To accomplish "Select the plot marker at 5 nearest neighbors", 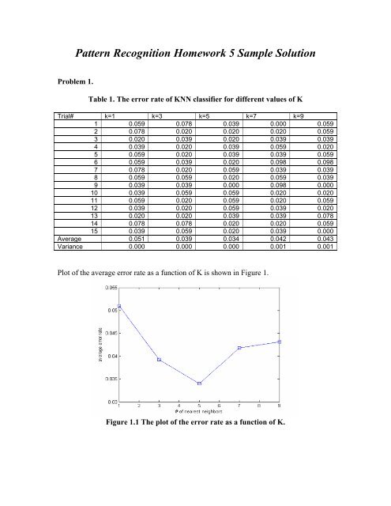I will pyautogui.click(x=199, y=383).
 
